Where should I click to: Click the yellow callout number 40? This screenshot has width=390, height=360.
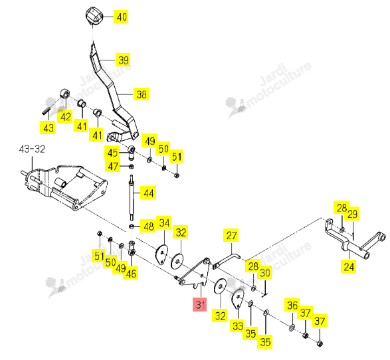[x=121, y=17]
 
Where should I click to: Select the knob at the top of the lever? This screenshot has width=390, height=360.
[x=94, y=16]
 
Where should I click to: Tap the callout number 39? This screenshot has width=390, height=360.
[x=123, y=60]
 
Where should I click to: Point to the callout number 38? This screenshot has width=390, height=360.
[x=142, y=94]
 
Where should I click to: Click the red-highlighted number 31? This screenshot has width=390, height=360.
[x=200, y=304]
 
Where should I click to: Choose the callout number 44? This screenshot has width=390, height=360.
[x=148, y=193]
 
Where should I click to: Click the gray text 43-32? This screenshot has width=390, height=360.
[x=32, y=149]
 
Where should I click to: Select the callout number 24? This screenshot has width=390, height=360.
[x=348, y=267]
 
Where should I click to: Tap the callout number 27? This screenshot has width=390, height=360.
[x=231, y=235]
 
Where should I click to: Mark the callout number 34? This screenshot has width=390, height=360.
[x=164, y=223]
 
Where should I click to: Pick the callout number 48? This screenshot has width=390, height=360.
[x=148, y=226]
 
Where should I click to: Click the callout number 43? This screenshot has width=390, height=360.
[x=48, y=128]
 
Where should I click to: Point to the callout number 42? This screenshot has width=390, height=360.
[x=65, y=116]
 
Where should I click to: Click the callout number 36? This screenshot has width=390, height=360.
[x=292, y=306]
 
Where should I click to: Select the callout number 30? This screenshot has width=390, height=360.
[x=265, y=273]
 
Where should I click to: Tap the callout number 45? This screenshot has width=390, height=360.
[x=112, y=153]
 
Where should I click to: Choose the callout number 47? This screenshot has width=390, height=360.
[x=113, y=166]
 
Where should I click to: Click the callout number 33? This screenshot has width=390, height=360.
[x=238, y=325]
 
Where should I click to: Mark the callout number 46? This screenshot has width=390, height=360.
[x=131, y=274]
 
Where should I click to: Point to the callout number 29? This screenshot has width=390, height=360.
[x=352, y=214]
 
